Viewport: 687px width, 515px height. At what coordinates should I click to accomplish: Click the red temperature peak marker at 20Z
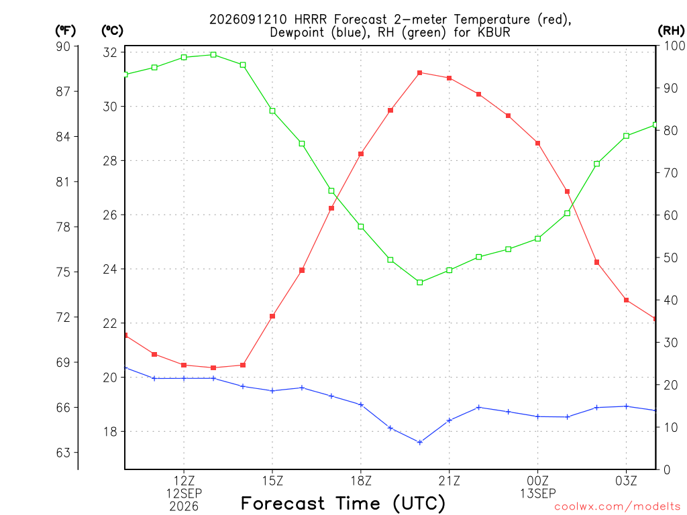coord(420,72)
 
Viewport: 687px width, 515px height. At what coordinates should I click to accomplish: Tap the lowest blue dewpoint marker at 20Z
coord(420,443)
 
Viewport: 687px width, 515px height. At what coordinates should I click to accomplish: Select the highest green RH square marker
coord(213,55)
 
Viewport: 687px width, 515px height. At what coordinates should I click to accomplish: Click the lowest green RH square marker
coord(420,282)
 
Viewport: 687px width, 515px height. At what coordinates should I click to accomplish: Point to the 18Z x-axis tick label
coord(361,481)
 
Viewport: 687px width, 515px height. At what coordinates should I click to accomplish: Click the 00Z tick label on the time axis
coord(537,481)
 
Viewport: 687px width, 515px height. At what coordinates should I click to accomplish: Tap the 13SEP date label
coord(537,494)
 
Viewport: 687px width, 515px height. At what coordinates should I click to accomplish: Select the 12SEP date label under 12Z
coord(184,494)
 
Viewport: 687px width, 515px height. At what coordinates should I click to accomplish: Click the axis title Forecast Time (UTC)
coord(343,503)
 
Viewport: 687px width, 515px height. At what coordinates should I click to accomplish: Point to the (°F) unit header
coord(65,31)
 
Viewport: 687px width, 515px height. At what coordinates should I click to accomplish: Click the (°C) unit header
coord(112,31)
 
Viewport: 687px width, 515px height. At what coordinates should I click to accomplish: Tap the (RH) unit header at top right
coord(671,31)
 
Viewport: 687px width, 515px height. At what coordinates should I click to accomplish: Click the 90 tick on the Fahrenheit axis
coord(63,46)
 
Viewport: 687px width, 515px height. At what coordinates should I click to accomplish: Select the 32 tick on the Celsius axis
coord(110,52)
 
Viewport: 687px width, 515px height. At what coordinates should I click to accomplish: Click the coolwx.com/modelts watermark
coord(617,507)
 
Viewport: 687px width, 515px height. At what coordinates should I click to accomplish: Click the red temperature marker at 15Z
coord(272,317)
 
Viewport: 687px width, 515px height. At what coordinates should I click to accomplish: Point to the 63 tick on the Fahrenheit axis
coord(63,453)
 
